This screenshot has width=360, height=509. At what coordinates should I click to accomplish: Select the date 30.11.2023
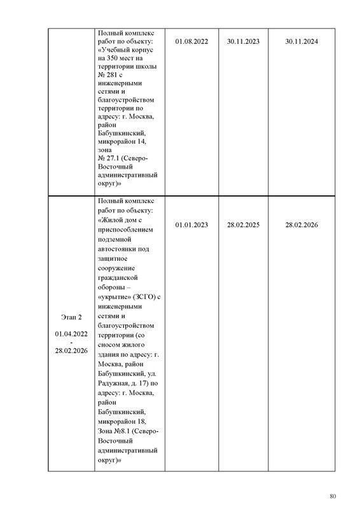click(243, 42)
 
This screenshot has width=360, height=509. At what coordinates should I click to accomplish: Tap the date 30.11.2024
click(301, 42)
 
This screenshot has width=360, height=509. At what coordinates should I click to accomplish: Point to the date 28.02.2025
click(243, 225)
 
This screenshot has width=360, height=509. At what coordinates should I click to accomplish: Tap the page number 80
click(333, 496)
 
